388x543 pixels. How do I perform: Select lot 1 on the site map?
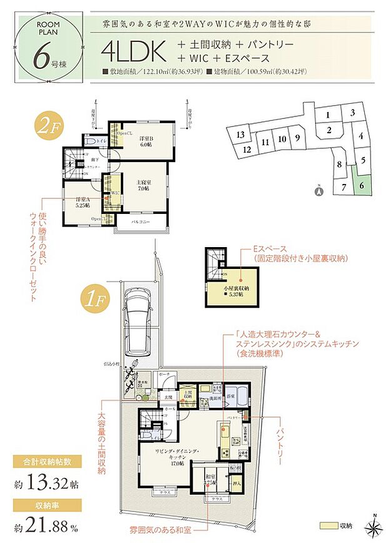[328, 115]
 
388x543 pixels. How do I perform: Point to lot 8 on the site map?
[339, 165]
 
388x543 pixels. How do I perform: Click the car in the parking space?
[140, 310]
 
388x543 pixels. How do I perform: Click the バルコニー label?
[140, 221]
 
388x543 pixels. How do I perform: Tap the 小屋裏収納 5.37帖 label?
[238, 292]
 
